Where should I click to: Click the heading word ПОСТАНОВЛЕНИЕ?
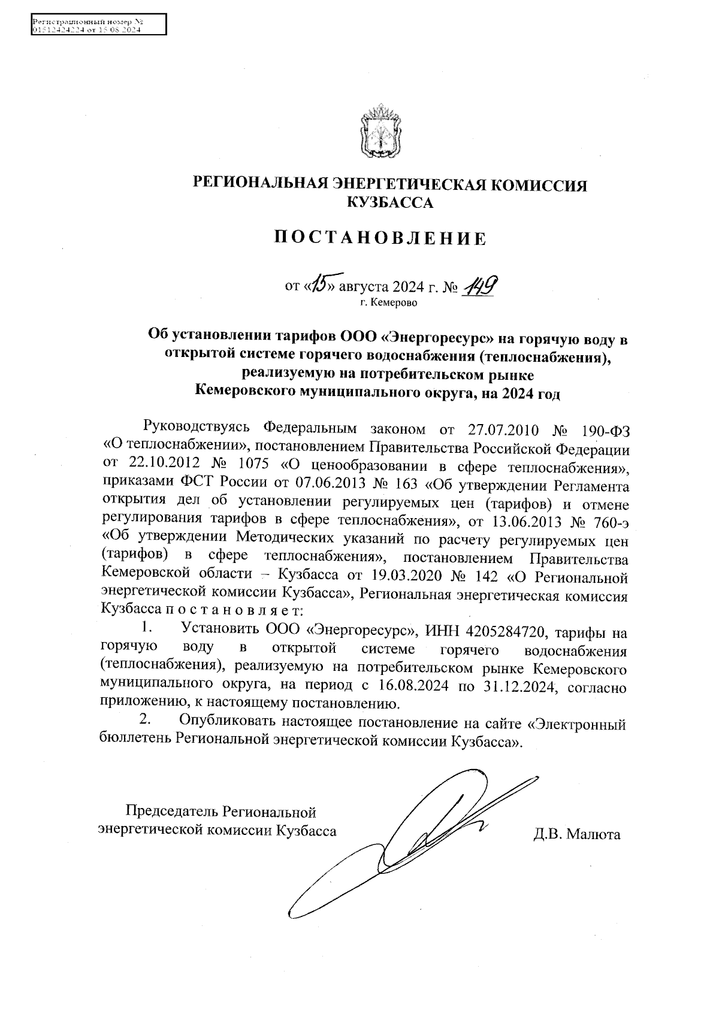[x=380, y=239]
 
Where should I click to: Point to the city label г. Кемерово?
[x=389, y=303]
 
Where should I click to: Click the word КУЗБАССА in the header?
[x=390, y=203]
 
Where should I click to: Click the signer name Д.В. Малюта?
[x=577, y=834]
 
